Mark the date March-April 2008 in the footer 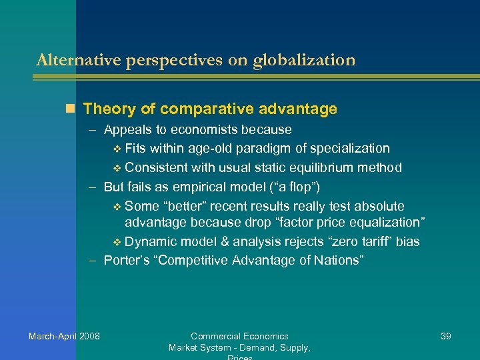[x=64, y=336]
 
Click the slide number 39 [x=446, y=336]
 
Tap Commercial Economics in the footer [x=239, y=336]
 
